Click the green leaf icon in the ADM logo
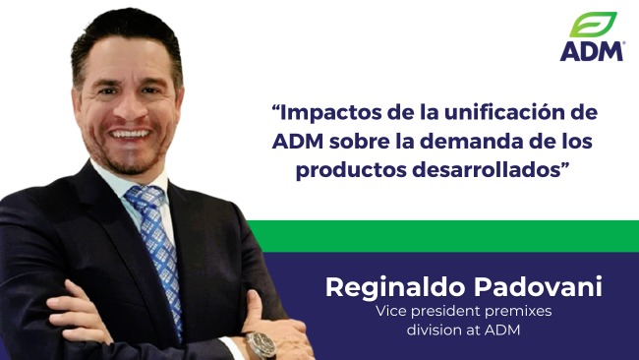tap(593, 25)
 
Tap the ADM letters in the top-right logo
tap(592, 50)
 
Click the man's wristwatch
tap(261, 343)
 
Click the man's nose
tap(128, 103)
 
